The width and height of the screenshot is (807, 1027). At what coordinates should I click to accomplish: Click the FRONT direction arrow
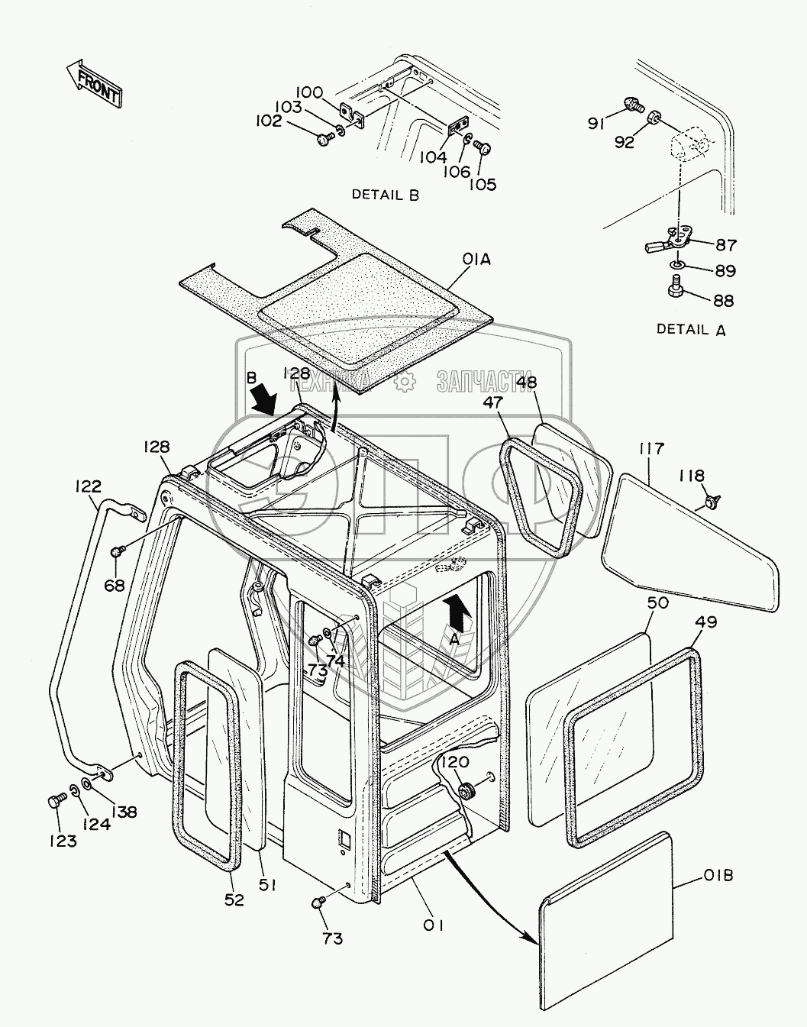94,84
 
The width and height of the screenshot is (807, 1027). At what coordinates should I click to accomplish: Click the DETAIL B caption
385,195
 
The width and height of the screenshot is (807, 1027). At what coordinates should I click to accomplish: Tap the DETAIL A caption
691,329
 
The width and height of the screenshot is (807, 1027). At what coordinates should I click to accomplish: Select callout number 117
652,448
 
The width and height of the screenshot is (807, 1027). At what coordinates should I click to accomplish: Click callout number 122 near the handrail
89,486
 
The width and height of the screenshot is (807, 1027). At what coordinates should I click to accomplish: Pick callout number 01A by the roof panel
476,259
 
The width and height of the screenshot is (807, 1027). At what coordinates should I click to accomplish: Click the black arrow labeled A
457,612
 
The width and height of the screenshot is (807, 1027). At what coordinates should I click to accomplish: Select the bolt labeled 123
54,802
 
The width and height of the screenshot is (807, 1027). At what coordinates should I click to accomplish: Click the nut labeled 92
653,116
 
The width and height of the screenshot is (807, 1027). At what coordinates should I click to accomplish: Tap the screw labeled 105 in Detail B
483,147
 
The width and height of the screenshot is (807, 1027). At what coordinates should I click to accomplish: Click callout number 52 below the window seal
234,899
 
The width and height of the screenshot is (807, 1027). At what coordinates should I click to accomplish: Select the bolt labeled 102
326,139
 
